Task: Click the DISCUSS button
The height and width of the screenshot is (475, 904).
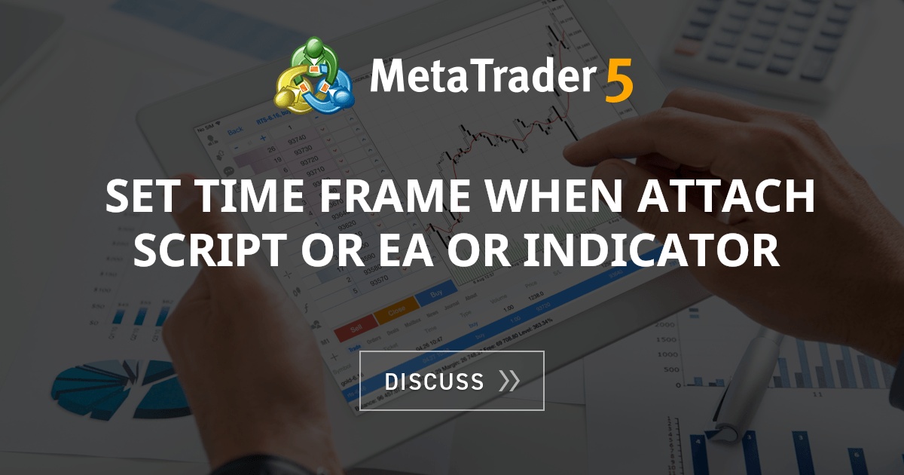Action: (x=451, y=381)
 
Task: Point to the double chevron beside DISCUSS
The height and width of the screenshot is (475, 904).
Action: (x=509, y=382)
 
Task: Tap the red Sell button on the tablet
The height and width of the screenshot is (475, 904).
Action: (x=355, y=329)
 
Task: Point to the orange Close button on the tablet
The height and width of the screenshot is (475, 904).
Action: (x=395, y=311)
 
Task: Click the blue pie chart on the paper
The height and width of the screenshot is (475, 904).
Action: (x=113, y=384)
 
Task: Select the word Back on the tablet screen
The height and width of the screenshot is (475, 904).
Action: (x=235, y=131)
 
